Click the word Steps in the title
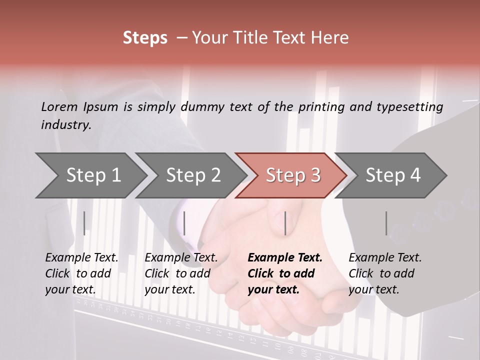(145, 38)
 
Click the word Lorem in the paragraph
(58, 106)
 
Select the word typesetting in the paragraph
(410, 106)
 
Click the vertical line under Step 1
(84, 223)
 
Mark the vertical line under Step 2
(184, 223)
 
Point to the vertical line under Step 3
(285, 223)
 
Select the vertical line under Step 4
(386, 223)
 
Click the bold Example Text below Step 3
(285, 258)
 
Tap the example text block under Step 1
(81, 273)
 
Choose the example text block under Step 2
(181, 273)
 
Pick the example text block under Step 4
(385, 273)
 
